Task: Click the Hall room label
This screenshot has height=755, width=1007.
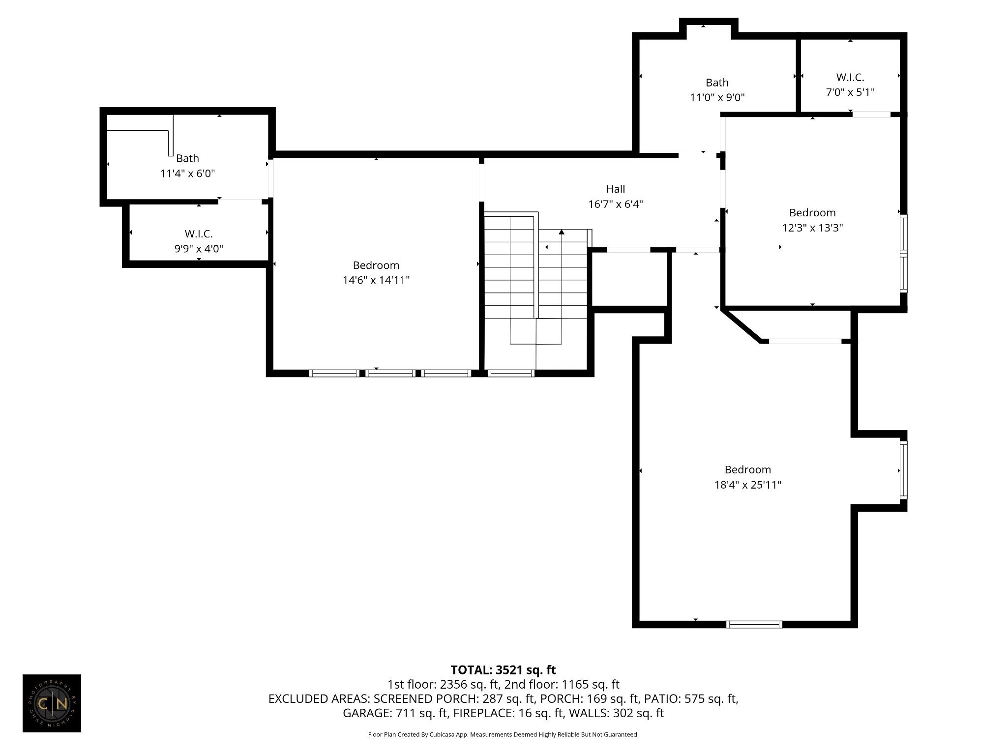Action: (x=615, y=189)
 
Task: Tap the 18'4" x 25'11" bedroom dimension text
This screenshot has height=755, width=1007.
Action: (x=747, y=485)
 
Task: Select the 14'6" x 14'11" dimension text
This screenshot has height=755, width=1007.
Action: (x=376, y=280)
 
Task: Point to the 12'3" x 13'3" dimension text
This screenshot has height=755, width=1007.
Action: (x=812, y=228)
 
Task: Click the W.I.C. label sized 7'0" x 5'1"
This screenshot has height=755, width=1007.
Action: (x=850, y=77)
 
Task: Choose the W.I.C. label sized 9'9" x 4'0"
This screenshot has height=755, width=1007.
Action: (x=199, y=233)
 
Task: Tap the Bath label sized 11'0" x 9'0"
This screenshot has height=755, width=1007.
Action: (x=717, y=83)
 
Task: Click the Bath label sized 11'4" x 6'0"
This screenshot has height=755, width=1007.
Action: (x=187, y=158)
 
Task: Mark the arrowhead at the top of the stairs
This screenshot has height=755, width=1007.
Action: (x=562, y=232)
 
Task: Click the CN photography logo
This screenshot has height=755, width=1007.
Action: (x=52, y=703)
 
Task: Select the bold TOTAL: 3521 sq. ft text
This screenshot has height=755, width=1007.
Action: (x=503, y=670)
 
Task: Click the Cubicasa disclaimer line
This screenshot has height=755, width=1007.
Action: (x=503, y=734)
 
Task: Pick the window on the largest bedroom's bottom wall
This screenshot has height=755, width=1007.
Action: (x=754, y=624)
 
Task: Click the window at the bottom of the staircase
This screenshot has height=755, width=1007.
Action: (x=511, y=373)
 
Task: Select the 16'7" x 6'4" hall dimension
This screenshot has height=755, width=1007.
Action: (x=616, y=204)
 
